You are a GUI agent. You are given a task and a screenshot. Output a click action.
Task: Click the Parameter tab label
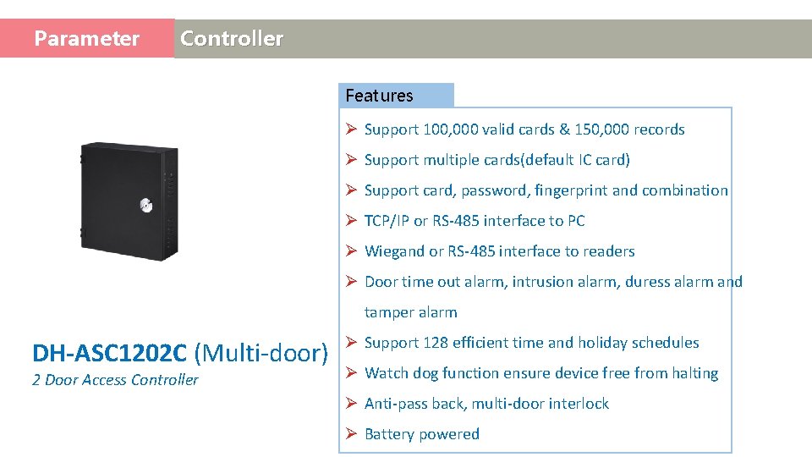click(86, 39)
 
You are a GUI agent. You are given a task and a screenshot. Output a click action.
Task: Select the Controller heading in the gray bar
click(232, 39)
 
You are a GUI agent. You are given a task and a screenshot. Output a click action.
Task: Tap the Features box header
click(380, 96)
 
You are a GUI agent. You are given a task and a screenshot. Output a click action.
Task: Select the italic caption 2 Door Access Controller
click(115, 380)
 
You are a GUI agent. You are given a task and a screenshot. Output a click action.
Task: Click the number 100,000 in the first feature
click(452, 129)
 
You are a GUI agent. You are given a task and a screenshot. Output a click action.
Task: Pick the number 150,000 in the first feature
click(602, 129)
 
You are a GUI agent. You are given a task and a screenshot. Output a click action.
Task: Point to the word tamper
click(387, 312)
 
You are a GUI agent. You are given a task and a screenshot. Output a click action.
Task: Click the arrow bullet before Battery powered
click(351, 434)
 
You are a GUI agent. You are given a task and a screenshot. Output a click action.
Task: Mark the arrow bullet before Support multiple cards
click(351, 160)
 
